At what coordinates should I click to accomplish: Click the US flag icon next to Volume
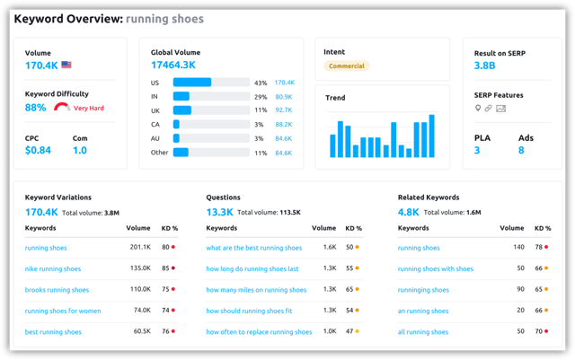click(66, 66)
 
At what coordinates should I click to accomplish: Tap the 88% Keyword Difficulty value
click(36, 108)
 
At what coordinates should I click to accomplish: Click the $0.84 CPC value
click(38, 150)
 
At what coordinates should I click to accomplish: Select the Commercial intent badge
click(346, 66)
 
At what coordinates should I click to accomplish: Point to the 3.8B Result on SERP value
click(484, 66)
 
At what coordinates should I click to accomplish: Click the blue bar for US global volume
click(191, 83)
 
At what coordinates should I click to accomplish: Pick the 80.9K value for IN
click(283, 96)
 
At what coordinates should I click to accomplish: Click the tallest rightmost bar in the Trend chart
click(431, 136)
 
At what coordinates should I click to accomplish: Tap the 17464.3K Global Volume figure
click(173, 66)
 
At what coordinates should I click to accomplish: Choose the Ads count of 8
click(521, 150)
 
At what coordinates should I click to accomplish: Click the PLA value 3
click(477, 150)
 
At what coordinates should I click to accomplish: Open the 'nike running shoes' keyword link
click(53, 268)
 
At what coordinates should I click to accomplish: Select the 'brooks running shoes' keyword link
click(57, 290)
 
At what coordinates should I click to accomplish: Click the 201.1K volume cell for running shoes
click(140, 247)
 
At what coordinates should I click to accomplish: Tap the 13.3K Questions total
click(219, 213)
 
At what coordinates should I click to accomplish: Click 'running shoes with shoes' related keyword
click(435, 268)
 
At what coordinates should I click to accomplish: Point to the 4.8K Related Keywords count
click(409, 213)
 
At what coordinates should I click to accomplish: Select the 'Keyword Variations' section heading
click(58, 197)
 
